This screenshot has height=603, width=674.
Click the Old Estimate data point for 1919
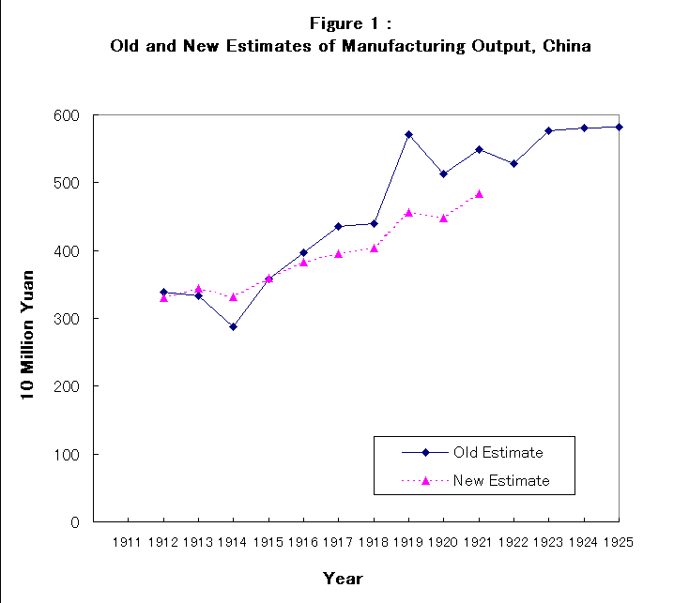tap(408, 134)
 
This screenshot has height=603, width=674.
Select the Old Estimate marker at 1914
tap(233, 326)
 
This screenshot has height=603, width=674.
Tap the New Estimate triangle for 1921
tap(479, 194)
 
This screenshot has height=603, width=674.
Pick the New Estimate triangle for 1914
tap(233, 296)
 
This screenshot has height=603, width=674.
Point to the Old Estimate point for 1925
tap(619, 127)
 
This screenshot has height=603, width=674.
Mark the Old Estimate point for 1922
tap(513, 163)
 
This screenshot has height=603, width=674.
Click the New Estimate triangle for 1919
tap(408, 213)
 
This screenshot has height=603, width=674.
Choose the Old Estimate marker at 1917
tap(338, 226)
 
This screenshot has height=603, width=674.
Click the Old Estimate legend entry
tap(498, 452)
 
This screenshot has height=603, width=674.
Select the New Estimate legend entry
tap(500, 480)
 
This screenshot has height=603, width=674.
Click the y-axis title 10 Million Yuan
tap(28, 319)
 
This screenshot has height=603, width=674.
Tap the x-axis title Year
tap(343, 579)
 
